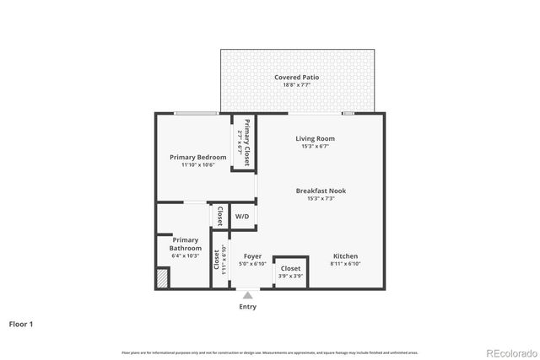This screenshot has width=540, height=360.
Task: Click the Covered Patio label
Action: [297, 78]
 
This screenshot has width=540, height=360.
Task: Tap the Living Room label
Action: [315, 138]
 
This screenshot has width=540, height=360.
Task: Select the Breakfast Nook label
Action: [321, 191]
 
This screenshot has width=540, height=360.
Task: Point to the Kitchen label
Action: [345, 256]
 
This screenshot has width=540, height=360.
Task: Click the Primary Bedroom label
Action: [197, 157]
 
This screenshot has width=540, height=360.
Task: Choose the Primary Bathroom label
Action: [185, 244]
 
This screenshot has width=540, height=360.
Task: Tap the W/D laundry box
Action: [242, 217]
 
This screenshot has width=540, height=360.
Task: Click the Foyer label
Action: [252, 256]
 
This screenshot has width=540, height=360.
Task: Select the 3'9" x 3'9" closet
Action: [290, 271]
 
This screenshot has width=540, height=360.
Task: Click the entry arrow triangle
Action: [247, 295]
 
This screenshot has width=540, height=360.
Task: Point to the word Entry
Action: [247, 306]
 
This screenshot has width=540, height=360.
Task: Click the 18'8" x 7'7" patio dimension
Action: [297, 85]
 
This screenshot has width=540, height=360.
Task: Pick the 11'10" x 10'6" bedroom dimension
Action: [197, 165]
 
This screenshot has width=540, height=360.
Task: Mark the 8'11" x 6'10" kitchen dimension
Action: [345, 264]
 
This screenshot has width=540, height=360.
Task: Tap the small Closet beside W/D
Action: [219, 216]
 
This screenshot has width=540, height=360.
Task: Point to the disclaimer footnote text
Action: [270, 352]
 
